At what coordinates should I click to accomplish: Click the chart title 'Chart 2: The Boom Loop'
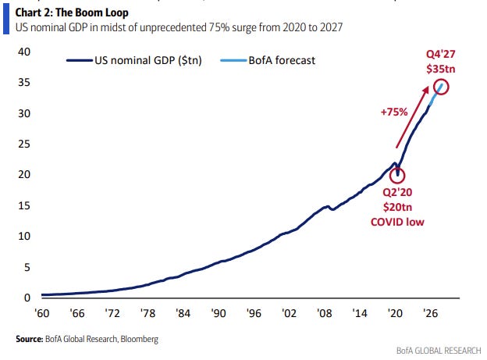[72, 12]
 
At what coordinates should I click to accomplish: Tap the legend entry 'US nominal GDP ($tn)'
[134, 60]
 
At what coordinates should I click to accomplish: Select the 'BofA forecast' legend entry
[268, 60]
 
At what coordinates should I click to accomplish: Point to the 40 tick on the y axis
[24, 52]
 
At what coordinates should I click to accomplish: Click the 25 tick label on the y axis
[24, 144]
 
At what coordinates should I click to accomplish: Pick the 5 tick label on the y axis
[27, 267]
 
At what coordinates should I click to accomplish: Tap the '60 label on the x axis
[42, 313]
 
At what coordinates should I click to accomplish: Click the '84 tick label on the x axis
[183, 313]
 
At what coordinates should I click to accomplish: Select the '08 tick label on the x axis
[324, 313]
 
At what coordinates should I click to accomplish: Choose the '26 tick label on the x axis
[430, 313]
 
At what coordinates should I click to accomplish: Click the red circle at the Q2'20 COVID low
[397, 168]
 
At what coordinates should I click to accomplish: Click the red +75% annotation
[394, 112]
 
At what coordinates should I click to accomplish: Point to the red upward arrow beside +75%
[412, 117]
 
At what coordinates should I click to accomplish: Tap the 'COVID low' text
[397, 222]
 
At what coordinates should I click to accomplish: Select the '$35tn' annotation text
[441, 69]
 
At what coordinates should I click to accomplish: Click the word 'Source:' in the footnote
[30, 339]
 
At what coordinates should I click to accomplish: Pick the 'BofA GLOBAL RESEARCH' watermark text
[439, 351]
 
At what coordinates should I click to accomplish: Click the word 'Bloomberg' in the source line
[139, 339]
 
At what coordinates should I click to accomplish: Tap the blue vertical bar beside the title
[6, 20]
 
